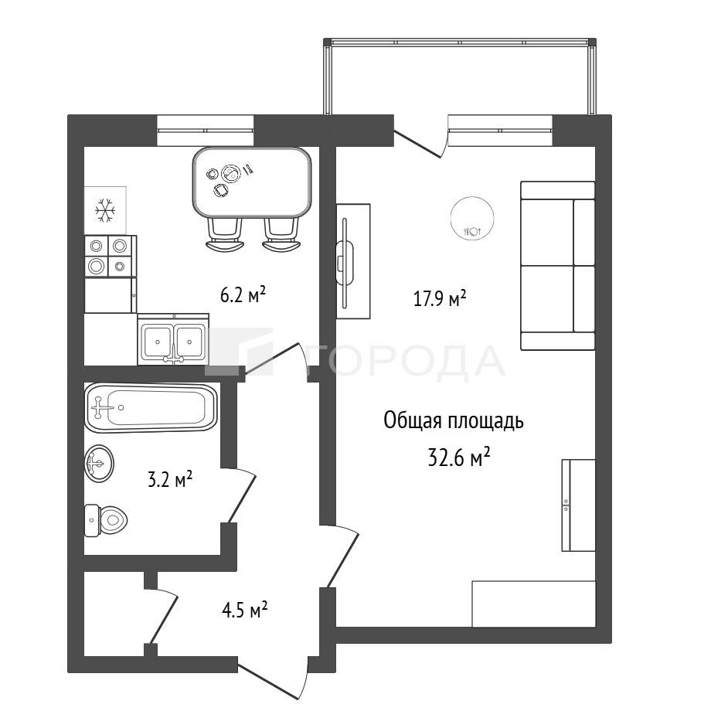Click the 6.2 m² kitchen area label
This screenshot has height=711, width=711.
(x=243, y=295)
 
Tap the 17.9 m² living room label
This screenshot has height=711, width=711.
(x=440, y=299)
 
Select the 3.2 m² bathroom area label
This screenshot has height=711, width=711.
(x=170, y=479)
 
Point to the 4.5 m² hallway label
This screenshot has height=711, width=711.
(x=244, y=611)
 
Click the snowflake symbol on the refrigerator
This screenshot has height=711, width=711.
(x=105, y=210)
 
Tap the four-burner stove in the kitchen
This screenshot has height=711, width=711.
(x=111, y=257)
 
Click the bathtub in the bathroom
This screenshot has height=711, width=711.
(x=151, y=407)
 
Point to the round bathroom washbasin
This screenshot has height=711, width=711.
(x=99, y=464)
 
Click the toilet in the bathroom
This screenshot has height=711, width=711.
(x=106, y=520)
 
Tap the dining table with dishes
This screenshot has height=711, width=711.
(x=252, y=182)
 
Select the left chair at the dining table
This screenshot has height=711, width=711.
(x=224, y=233)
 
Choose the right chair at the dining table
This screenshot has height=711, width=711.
(x=281, y=233)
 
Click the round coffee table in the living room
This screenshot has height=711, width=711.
(x=472, y=219)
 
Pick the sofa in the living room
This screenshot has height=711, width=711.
(x=557, y=266)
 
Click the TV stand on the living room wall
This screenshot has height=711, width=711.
(x=353, y=261)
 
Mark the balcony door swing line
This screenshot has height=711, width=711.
(x=417, y=145)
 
